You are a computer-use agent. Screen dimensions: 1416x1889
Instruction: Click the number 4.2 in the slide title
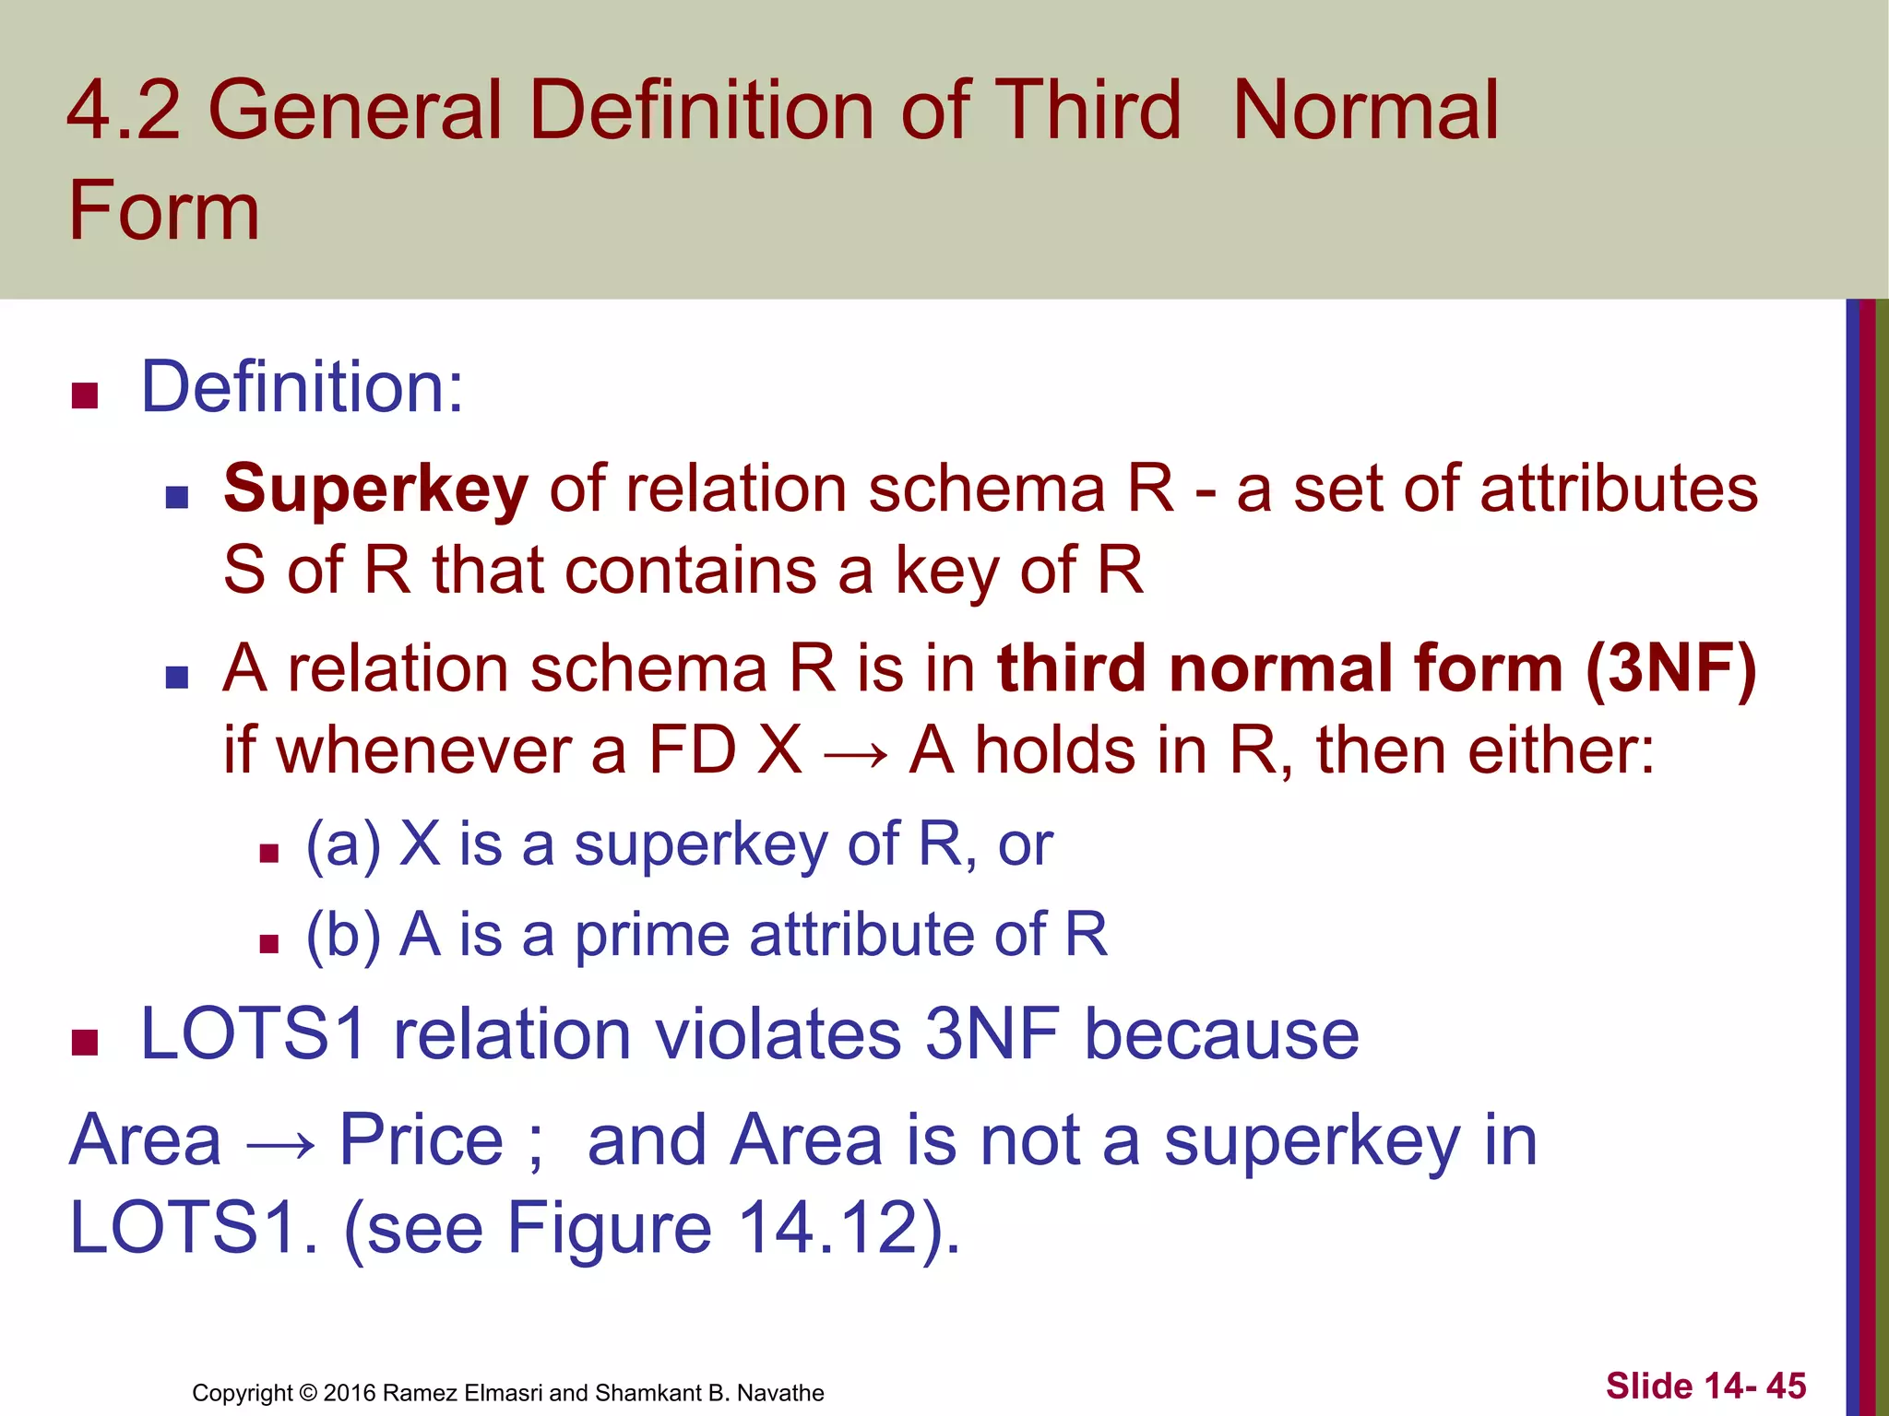pos(124,111)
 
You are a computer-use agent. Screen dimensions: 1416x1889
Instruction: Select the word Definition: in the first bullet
pos(302,386)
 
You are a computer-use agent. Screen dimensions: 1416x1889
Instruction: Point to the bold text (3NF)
pos(1670,667)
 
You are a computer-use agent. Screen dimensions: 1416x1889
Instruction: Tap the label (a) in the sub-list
pos(343,844)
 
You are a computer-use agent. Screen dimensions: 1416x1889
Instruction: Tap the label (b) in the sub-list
pos(343,935)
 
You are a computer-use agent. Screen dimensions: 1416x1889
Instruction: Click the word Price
pos(422,1140)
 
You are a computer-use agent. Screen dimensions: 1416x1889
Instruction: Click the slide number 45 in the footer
pos(1786,1386)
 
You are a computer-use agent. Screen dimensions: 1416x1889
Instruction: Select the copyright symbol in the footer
pos(307,1393)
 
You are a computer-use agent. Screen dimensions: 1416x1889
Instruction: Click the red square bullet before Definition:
pos(85,395)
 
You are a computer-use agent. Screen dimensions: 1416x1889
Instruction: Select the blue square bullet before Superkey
pos(176,498)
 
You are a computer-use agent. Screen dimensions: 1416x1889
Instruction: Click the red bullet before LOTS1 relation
pos(85,1043)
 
